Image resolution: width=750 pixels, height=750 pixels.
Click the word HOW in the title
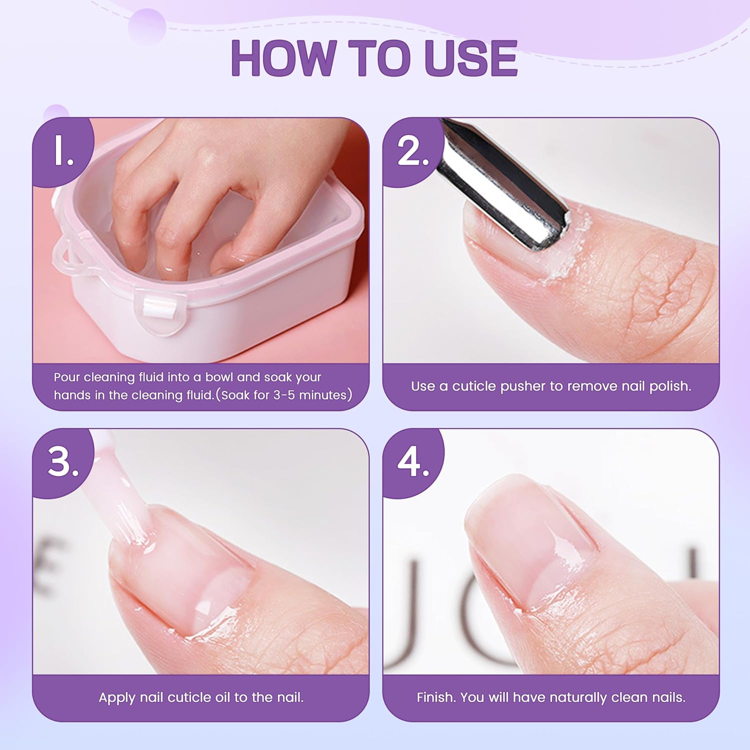click(283, 58)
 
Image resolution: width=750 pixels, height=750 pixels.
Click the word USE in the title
click(470, 58)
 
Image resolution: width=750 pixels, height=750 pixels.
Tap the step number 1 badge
click(63, 150)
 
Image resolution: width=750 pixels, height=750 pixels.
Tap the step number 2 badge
click(413, 150)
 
